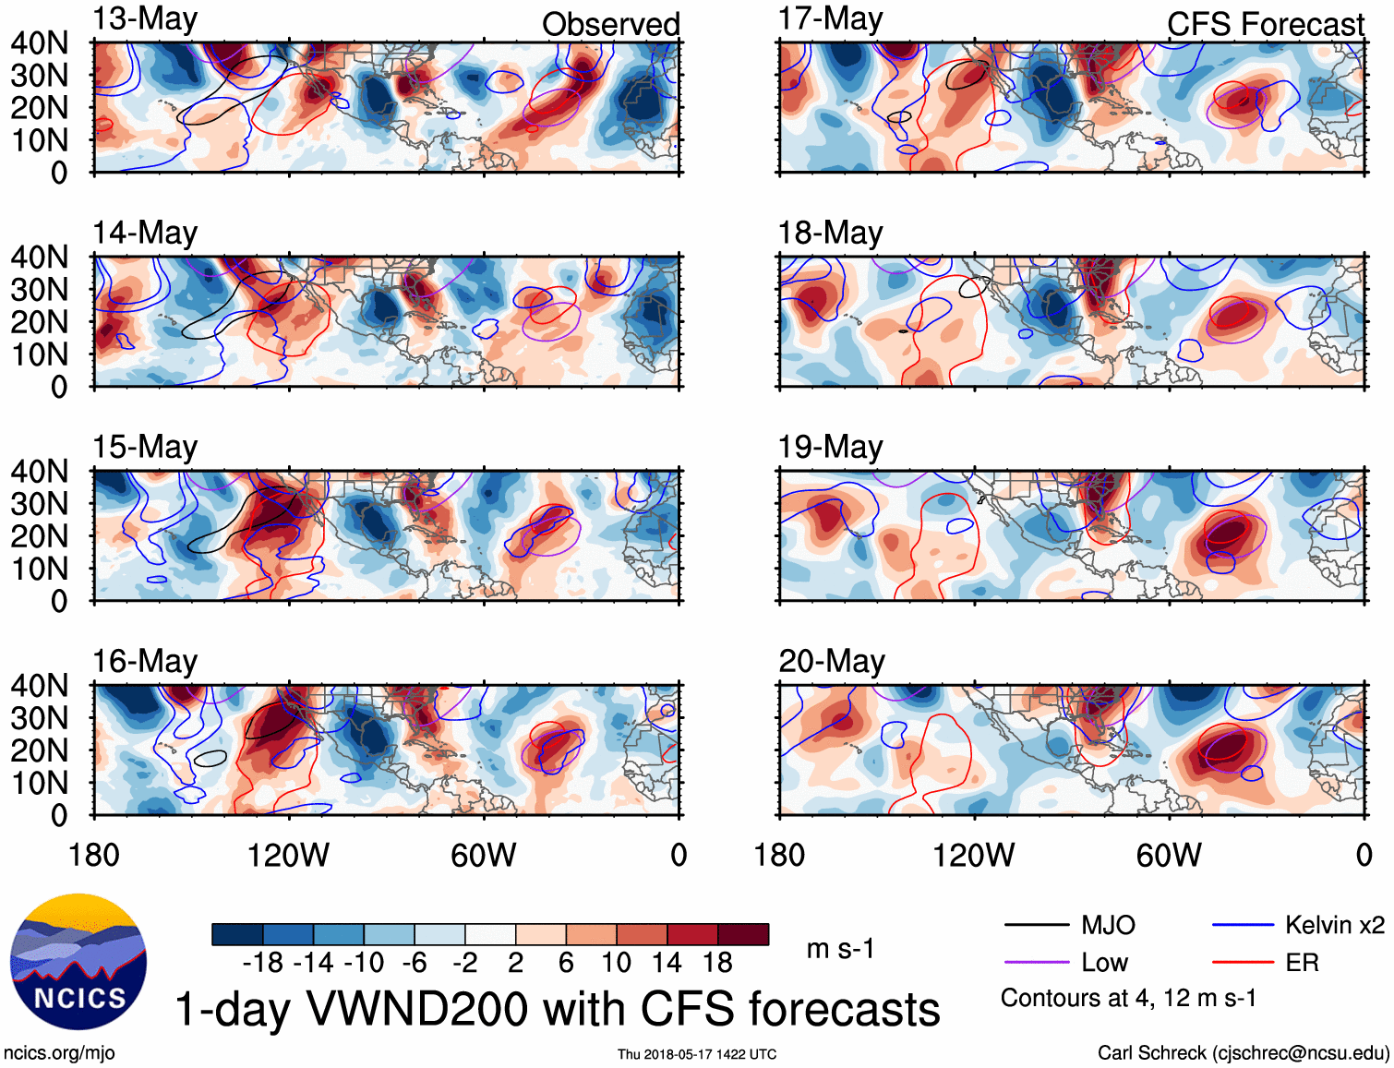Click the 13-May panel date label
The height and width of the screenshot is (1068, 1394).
145,18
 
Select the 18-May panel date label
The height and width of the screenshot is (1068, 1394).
830,233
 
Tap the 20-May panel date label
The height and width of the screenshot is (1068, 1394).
831,661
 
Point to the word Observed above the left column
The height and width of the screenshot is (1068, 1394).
610,24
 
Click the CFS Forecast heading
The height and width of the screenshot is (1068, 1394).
1265,24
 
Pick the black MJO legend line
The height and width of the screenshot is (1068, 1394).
1036,925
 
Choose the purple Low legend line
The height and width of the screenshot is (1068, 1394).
1036,963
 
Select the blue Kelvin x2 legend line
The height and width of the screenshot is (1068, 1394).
1243,925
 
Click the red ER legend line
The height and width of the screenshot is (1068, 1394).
1243,963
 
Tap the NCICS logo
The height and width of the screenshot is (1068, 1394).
78,962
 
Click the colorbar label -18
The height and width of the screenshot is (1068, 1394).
263,963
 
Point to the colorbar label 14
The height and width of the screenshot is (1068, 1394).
667,963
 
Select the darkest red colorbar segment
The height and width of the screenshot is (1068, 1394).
743,934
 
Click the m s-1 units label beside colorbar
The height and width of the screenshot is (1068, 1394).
840,948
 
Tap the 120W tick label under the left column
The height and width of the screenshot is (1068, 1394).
288,855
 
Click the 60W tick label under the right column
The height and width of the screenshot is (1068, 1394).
1169,855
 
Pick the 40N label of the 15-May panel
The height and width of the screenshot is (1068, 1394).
39,471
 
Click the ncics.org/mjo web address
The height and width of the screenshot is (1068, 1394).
59,1053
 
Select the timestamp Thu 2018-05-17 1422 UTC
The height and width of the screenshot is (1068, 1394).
697,1054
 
